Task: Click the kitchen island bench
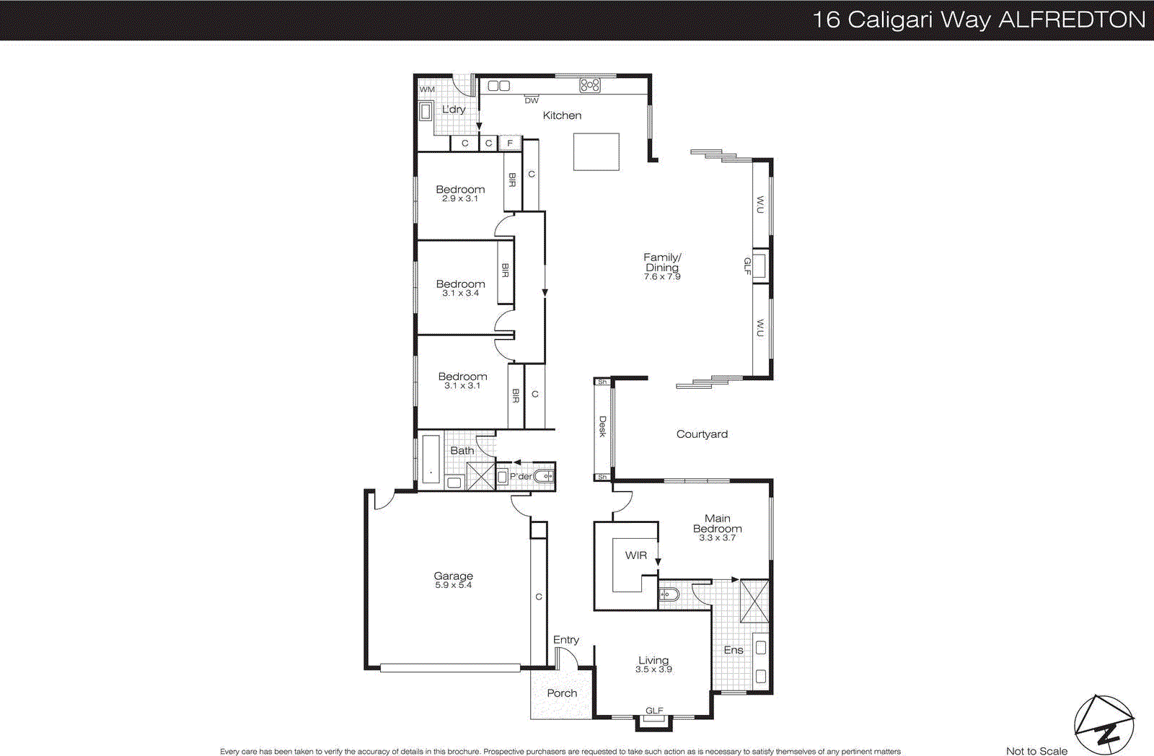click(596, 151)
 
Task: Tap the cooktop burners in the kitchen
click(590, 85)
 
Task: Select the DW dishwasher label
click(532, 101)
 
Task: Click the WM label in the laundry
click(427, 89)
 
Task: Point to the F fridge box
click(510, 144)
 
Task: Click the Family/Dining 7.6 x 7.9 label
click(662, 266)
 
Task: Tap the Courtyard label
click(702, 434)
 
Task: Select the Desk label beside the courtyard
click(602, 426)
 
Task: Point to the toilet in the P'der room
click(544, 476)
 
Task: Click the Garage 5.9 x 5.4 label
click(453, 580)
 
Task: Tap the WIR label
click(635, 555)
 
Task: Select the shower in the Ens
click(755, 600)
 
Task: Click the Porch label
click(562, 693)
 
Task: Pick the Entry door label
click(565, 640)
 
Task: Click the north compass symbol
click(1104, 725)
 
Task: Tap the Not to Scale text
click(1036, 751)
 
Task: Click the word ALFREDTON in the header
click(1072, 19)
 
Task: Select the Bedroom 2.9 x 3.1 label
click(460, 193)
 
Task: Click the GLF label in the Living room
click(654, 711)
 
